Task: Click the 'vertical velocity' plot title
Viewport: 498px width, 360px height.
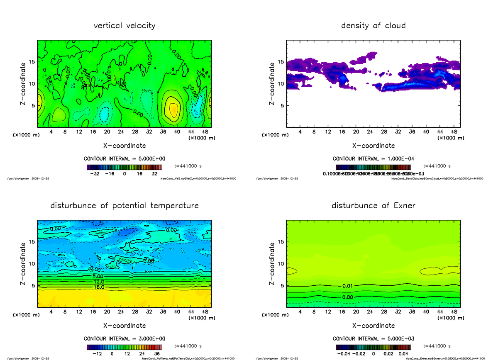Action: (124, 26)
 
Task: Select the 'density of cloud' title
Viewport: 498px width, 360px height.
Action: (373, 26)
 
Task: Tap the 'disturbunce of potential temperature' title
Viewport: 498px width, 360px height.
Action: (124, 206)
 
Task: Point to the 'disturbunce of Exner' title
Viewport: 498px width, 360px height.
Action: (373, 206)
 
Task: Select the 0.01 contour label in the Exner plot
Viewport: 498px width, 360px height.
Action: (348, 286)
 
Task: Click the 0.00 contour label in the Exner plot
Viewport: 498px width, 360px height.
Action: (348, 297)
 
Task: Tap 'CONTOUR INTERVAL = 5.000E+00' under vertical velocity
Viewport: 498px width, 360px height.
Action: (124, 159)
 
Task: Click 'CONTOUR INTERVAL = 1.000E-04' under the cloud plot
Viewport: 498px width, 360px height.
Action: (373, 159)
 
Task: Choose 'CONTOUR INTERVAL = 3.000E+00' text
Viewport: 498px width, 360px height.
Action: (124, 338)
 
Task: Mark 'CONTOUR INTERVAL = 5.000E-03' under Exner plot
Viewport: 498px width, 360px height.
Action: (373, 338)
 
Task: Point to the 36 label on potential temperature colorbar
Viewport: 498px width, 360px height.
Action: (157, 354)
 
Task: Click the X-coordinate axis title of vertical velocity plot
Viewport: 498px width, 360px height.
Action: (124, 146)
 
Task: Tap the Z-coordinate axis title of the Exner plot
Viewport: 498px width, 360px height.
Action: (272, 263)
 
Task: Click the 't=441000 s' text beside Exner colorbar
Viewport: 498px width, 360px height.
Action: (437, 346)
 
